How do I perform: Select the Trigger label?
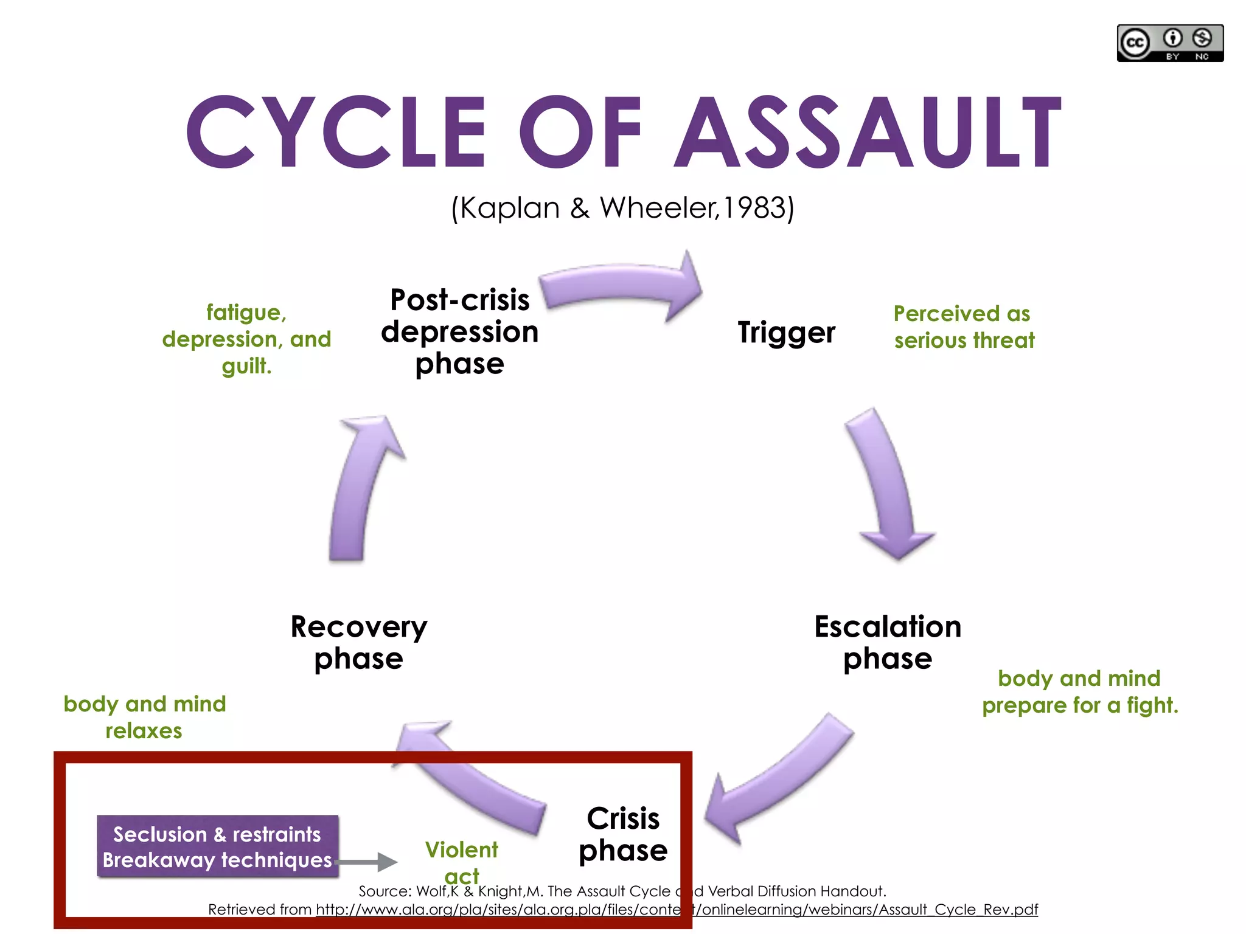point(786,332)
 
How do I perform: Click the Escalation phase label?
point(888,643)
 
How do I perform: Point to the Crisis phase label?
point(623,834)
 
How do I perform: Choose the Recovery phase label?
point(359,643)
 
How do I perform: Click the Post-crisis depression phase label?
point(460,332)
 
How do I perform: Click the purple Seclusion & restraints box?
point(217,846)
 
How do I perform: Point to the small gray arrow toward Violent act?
point(368,862)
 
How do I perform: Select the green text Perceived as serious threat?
point(963,327)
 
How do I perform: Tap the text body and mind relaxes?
point(144,717)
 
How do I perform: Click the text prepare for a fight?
point(1080,705)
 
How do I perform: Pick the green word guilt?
point(246,366)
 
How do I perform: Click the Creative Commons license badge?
point(1169,43)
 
